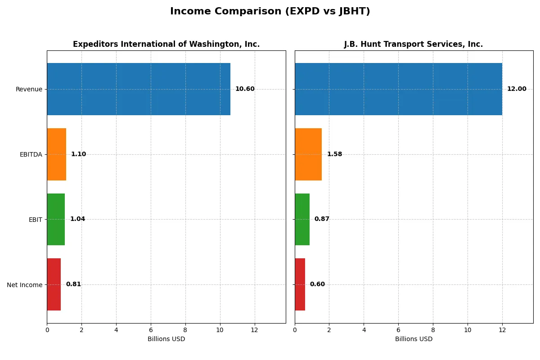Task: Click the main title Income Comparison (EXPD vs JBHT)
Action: (270, 12)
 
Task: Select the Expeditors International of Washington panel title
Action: (166, 44)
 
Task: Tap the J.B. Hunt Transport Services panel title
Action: (414, 44)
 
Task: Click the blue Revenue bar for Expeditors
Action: (139, 89)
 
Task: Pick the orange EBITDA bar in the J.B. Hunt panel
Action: (308, 154)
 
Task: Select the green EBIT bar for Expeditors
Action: (56, 220)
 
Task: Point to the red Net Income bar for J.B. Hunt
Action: (300, 284)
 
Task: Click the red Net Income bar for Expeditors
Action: (54, 284)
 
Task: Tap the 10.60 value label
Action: (245, 89)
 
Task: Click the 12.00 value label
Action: (517, 89)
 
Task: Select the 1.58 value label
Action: (334, 154)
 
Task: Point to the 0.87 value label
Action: (322, 219)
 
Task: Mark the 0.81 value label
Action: (73, 284)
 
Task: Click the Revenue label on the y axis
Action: (29, 89)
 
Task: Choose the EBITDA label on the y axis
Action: (31, 154)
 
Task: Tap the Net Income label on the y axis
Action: (25, 285)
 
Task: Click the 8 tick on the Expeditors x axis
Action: (185, 330)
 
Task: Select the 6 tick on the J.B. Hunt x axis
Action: (398, 330)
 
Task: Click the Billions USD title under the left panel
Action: (166, 339)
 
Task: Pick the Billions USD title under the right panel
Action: (414, 339)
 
